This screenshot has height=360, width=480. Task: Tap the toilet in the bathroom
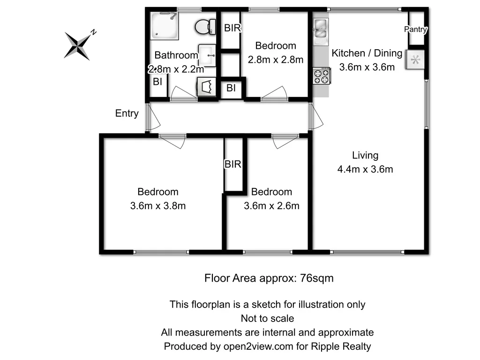204,26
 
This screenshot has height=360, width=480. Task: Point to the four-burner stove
322,76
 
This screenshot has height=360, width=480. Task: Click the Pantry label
416,30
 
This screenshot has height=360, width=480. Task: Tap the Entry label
127,113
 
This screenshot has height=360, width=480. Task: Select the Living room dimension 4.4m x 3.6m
365,169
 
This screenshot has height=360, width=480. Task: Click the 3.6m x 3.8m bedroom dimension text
158,205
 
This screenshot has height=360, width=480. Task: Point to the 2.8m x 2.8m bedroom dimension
276,60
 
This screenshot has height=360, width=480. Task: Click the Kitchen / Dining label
367,53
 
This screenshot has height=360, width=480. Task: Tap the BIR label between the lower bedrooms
233,165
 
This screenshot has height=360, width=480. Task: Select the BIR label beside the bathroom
232,28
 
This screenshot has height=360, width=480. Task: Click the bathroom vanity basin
207,55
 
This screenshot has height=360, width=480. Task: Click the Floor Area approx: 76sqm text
269,278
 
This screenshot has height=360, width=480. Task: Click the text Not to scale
267,318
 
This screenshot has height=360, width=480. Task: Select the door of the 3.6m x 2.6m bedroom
285,141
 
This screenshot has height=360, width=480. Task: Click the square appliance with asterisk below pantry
415,60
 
